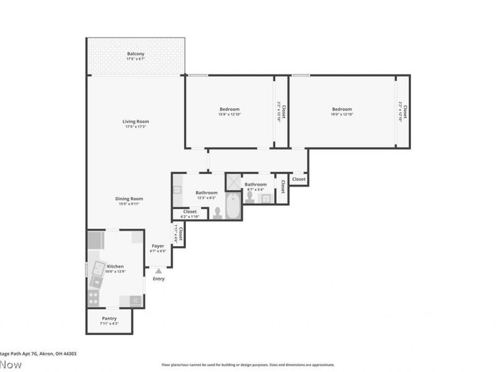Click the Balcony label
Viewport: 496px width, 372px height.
click(x=136, y=54)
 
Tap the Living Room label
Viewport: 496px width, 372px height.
click(x=136, y=122)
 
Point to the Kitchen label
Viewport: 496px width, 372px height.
click(x=115, y=266)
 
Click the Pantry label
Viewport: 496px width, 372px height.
click(x=109, y=318)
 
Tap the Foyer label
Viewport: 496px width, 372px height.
click(x=158, y=246)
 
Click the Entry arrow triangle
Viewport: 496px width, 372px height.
click(x=159, y=270)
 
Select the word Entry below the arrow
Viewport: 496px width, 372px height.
click(x=159, y=279)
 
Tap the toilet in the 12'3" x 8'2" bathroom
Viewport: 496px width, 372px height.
click(x=218, y=213)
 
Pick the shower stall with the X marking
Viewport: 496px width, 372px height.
click(x=233, y=181)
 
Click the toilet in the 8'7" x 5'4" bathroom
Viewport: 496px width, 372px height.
click(x=250, y=197)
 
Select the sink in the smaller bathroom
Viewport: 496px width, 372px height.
click(x=266, y=198)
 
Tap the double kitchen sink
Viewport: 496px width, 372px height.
click(x=98, y=269)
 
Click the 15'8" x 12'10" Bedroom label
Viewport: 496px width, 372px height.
click(x=229, y=109)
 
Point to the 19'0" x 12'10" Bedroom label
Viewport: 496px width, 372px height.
click(x=342, y=109)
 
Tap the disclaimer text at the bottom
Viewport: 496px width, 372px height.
click(x=248, y=365)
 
